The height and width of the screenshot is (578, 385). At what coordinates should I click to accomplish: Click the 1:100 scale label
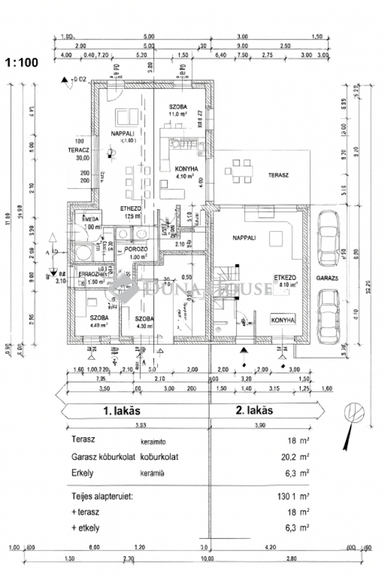(x=22, y=63)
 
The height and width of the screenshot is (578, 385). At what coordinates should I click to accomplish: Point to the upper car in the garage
(x=328, y=231)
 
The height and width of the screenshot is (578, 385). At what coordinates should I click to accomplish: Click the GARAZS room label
(x=327, y=279)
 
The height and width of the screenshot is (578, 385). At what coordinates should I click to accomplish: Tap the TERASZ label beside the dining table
(x=277, y=174)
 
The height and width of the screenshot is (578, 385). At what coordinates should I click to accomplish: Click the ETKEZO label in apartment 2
(x=284, y=277)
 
